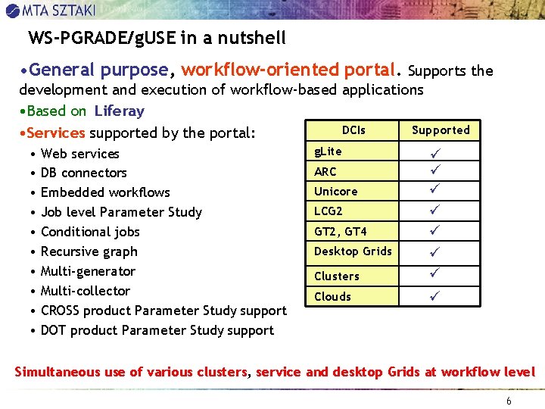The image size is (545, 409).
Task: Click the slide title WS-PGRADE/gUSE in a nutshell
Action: pos(157,38)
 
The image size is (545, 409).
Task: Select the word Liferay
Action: pos(119,111)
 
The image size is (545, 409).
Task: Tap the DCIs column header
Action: pos(353,130)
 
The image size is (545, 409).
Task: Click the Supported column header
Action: pos(441,130)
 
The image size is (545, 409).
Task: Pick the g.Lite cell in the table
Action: pos(329,151)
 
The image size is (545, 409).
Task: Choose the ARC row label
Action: pos(325,172)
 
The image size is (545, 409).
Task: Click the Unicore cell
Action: pos(335,192)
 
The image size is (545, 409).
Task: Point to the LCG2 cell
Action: pos(329,211)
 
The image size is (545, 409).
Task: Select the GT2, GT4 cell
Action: pos(340,232)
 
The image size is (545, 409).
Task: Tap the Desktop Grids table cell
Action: pos(353,251)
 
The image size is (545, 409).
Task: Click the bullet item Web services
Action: pos(80,154)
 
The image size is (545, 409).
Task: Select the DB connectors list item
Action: pos(84,173)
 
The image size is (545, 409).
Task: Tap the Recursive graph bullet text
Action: pos(89,252)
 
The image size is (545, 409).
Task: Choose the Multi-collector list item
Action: pos(86,292)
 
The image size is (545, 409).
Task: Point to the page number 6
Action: pos(509,401)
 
